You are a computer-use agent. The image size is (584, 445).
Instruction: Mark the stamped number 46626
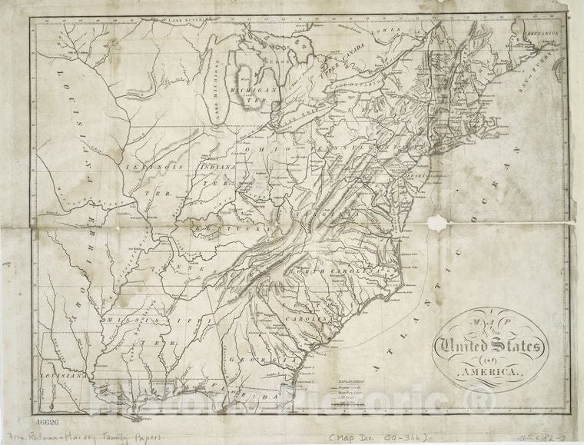(47, 423)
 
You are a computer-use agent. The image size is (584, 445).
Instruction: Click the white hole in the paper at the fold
(438, 223)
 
